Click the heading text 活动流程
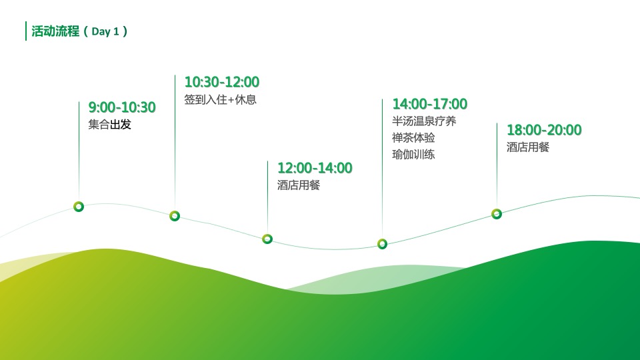[55, 31]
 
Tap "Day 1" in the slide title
[105, 31]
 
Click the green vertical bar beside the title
[26, 31]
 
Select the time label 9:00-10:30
[122, 107]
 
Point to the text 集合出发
[110, 125]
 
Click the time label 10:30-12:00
[221, 82]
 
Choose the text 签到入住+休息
[221, 99]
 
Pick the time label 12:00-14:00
[315, 168]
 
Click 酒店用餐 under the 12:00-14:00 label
[299, 185]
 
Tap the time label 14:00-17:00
[430, 104]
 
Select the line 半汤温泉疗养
[424, 121]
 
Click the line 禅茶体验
[413, 138]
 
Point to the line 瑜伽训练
[413, 155]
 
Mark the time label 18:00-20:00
[544, 130]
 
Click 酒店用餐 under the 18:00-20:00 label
[528, 147]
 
